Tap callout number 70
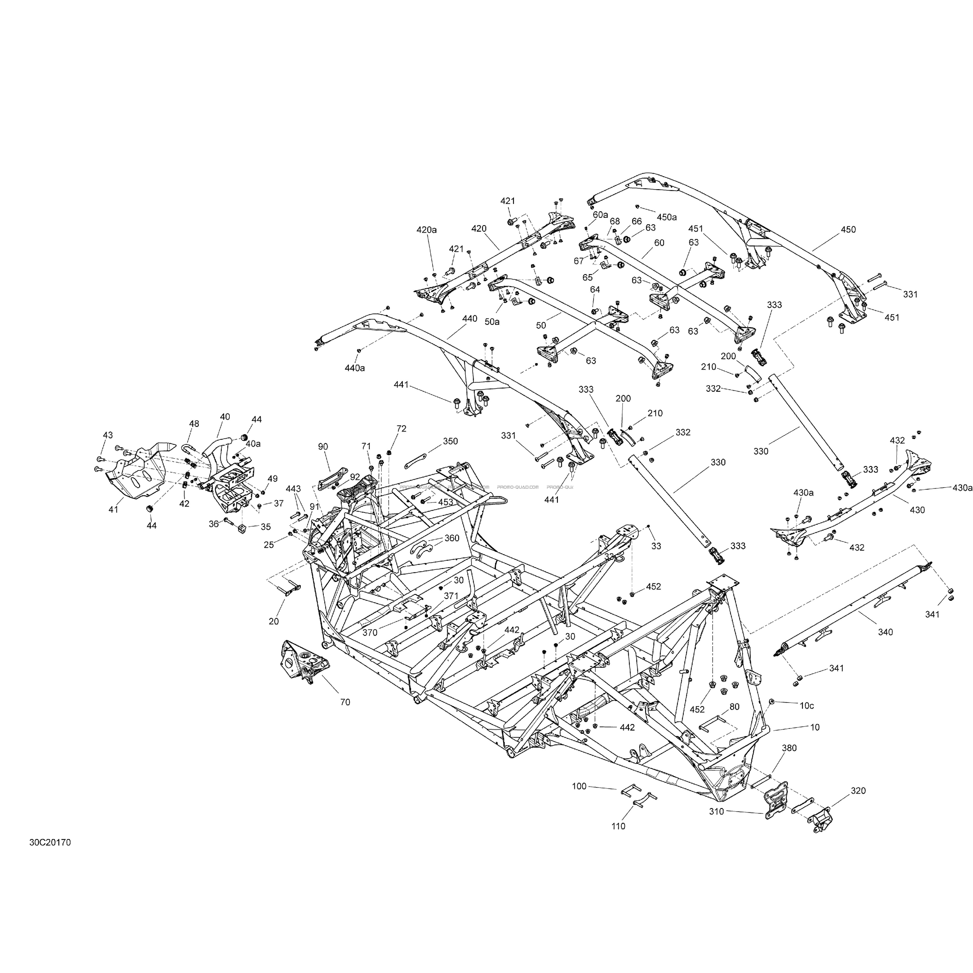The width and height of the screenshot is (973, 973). [x=345, y=702]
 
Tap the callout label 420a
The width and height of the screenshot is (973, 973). [x=426, y=230]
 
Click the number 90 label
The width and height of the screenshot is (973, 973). [x=323, y=446]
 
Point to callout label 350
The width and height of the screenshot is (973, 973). [x=450, y=441]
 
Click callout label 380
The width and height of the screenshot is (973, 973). [x=789, y=762]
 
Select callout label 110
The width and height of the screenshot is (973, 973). [x=618, y=826]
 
